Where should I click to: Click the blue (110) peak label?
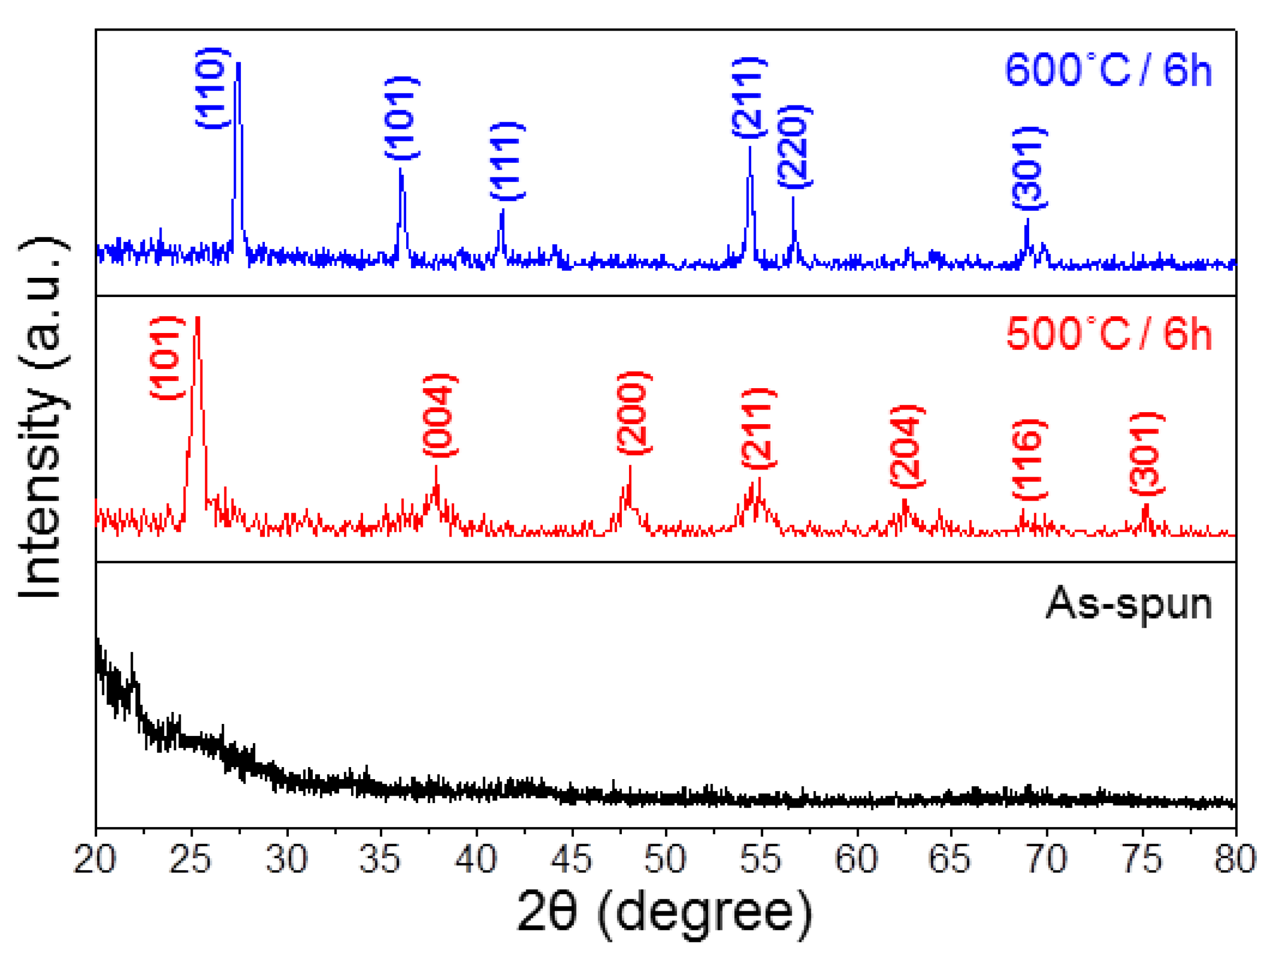(213, 88)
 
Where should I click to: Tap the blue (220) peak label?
(795, 146)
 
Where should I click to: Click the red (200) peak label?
(634, 413)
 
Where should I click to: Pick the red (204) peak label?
(907, 446)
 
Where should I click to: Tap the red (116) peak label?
(1029, 460)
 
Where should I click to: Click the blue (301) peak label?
(1029, 168)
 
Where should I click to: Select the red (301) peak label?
(1148, 454)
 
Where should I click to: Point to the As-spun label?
(1129, 603)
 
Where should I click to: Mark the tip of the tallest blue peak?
(238, 63)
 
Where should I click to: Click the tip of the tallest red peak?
(198, 318)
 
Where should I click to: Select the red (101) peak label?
(167, 358)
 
